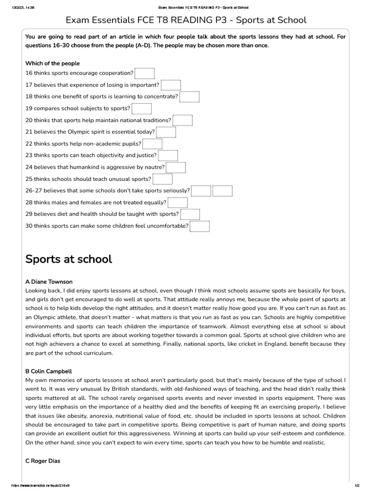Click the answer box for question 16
tap(144, 73)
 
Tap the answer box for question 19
tap(142, 109)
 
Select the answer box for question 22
tap(153, 144)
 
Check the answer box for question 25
tap(163, 179)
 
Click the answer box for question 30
tap(200, 226)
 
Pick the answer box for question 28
tap(178, 203)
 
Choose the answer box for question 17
tap(171, 85)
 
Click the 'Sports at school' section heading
tap(69, 259)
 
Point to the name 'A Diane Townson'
tap(49, 282)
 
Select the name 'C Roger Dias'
tap(43, 461)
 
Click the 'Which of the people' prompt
tap(53, 63)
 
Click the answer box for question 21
tap(166, 132)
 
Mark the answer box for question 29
tap(190, 214)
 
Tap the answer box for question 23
tap(168, 155)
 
